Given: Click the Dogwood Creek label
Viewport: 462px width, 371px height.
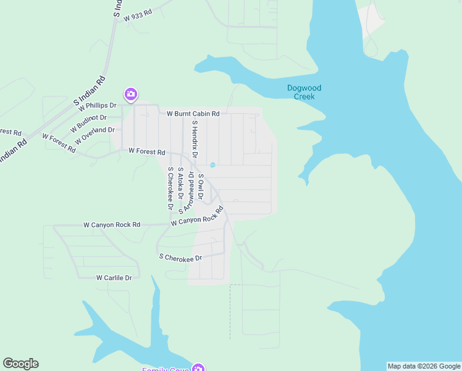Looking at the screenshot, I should tap(304, 92).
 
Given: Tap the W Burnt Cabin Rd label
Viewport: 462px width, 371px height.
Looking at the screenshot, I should tap(193, 114).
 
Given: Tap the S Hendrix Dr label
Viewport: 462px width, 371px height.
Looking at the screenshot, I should tap(194, 139).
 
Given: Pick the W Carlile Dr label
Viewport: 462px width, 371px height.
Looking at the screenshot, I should tap(114, 278).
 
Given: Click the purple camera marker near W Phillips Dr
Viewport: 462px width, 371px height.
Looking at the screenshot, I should tap(130, 95).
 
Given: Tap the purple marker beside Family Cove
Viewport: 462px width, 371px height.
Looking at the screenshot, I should tap(198, 369).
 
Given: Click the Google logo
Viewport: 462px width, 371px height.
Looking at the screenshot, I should tap(20, 364).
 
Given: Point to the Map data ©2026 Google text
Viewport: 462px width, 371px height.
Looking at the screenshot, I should tap(424, 366).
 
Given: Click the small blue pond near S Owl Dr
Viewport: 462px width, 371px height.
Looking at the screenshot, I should tap(212, 164).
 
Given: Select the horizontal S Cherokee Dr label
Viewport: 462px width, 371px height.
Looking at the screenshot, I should tap(180, 257).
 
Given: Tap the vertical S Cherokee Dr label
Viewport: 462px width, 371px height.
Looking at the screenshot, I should tap(170, 189).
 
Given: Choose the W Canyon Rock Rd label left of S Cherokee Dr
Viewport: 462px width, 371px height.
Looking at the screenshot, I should tap(112, 225).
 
